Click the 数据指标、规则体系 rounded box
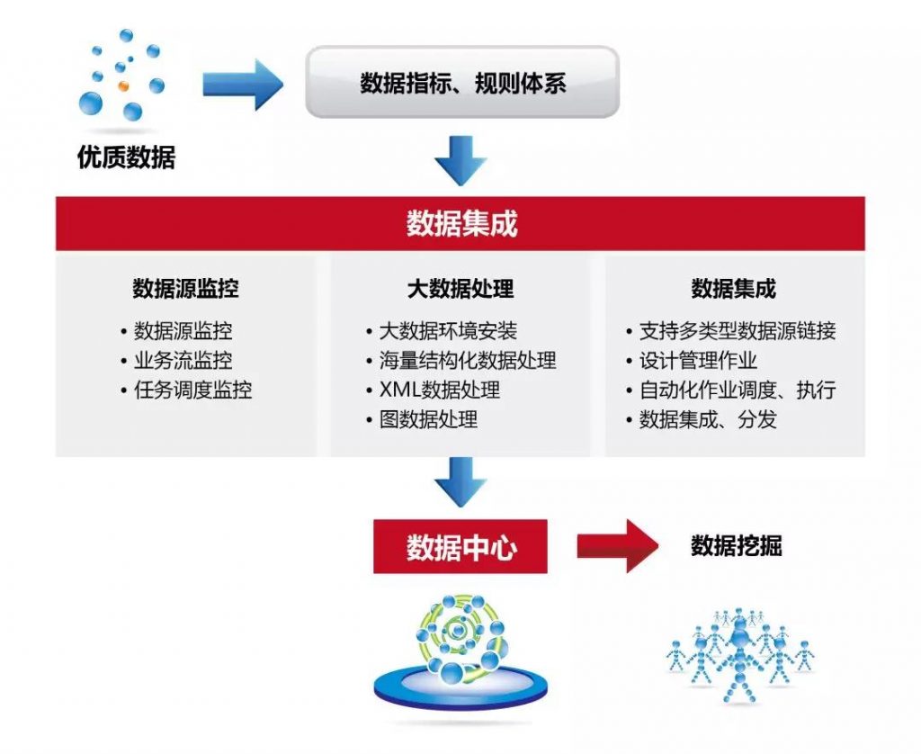(462, 82)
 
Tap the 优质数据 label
(126, 157)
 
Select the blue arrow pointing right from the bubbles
(243, 85)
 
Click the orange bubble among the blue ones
(123, 85)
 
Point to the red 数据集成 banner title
(462, 224)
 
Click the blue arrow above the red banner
(461, 161)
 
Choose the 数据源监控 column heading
(185, 289)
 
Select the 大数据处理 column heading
(460, 289)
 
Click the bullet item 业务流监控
(183, 360)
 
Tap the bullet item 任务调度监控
(192, 390)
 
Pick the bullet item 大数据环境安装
(448, 331)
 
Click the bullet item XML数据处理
(439, 390)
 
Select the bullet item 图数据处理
(428, 419)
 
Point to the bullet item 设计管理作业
(698, 360)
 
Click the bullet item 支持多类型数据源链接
(738, 331)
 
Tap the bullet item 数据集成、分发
(708, 419)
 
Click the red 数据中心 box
(460, 546)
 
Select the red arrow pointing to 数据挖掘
(618, 546)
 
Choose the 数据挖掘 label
(736, 546)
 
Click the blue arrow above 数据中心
(461, 482)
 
